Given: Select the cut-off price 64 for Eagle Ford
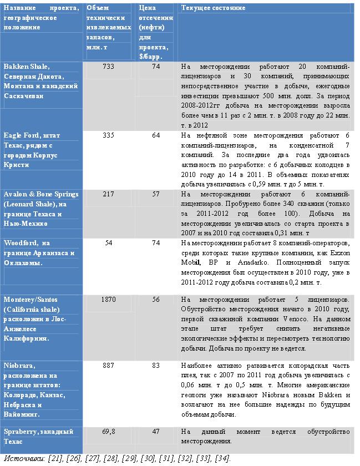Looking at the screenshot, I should tap(156, 135).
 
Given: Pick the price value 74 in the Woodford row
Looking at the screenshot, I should tap(156, 243).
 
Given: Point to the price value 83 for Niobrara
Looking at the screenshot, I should tap(156, 366).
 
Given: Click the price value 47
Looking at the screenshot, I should tap(156, 431).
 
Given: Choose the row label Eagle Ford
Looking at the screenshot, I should tap(21, 135).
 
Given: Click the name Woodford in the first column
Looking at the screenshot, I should tap(21, 243).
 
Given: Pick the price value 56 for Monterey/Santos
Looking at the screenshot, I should tap(156, 300).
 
